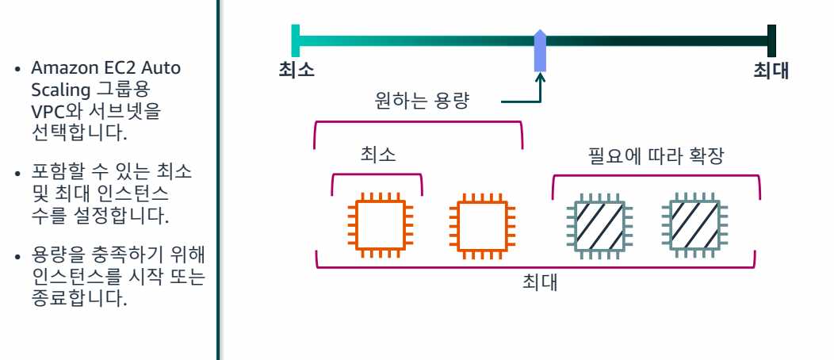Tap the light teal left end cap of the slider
[296, 40]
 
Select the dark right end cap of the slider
[771, 40]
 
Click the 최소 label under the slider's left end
[296, 70]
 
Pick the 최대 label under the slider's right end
[771, 70]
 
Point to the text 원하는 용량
[423, 101]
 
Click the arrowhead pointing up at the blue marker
[541, 78]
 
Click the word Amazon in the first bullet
[57, 68]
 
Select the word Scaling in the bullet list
[56, 86]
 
